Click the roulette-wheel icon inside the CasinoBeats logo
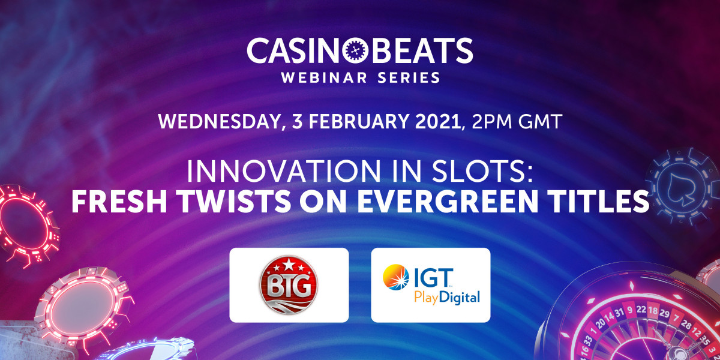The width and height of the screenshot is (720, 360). (x=355, y=50)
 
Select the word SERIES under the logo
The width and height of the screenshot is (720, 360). (x=409, y=78)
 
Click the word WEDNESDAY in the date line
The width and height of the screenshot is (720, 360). (x=219, y=122)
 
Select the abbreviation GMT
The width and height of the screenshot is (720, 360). (x=539, y=121)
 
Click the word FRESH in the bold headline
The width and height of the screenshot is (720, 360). (x=119, y=201)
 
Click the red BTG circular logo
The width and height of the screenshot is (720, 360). (x=289, y=285)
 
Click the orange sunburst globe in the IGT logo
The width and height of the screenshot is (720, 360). (x=395, y=277)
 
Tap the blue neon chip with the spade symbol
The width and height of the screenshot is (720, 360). (x=682, y=186)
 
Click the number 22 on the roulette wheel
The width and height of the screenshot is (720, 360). (x=641, y=309)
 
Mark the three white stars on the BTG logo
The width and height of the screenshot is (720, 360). (x=289, y=265)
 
